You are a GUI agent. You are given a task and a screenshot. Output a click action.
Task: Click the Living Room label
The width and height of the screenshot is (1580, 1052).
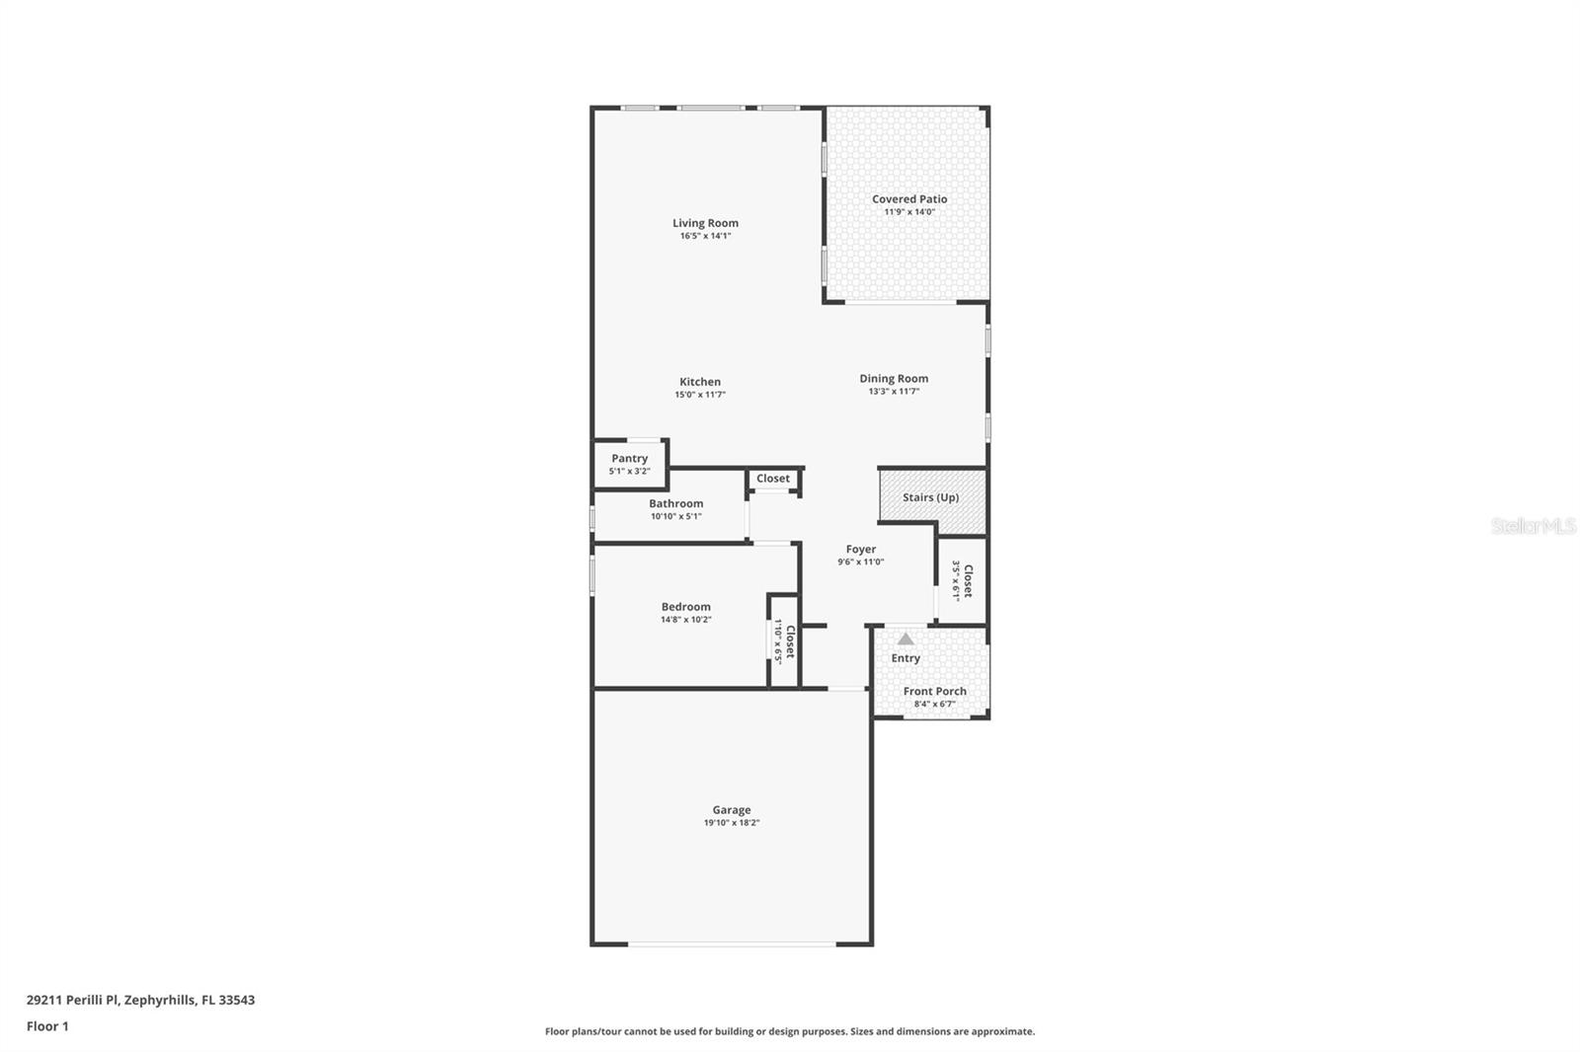[705, 223]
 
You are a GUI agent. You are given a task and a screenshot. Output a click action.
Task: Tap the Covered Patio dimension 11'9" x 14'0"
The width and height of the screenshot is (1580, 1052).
[908, 212]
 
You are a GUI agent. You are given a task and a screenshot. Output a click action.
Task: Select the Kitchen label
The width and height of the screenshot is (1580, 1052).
[699, 382]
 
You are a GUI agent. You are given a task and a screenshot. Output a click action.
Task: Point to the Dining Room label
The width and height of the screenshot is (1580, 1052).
[893, 378]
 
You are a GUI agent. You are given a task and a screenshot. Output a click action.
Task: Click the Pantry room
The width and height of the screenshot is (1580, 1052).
[629, 464]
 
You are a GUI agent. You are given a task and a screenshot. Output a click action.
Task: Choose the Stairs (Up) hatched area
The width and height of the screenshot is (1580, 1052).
[931, 497]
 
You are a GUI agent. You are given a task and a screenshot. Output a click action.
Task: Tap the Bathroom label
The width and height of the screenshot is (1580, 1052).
[675, 503]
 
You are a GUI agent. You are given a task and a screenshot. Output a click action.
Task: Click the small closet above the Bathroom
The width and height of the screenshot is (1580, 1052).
[773, 479]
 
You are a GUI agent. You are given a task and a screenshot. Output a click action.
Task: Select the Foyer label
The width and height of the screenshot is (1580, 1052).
[860, 549]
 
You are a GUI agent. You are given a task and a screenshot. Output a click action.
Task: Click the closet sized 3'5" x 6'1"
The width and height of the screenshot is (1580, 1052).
[962, 581]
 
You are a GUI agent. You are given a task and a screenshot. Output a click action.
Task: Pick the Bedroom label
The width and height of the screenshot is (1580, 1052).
[685, 607]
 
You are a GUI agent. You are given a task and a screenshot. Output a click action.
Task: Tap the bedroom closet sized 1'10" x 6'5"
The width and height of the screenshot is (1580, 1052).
[784, 641]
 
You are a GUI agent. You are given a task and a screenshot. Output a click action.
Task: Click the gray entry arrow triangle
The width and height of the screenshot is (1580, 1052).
[906, 639]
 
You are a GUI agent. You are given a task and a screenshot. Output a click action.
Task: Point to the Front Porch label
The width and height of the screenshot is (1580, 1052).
[934, 691]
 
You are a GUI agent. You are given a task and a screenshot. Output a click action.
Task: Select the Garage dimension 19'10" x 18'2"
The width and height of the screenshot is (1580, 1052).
[731, 823]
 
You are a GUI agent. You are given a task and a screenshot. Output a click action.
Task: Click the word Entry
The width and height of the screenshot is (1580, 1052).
[906, 658]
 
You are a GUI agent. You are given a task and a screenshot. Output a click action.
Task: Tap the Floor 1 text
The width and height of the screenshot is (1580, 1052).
[47, 1026]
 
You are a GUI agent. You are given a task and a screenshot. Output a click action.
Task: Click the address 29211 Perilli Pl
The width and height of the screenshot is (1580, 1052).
[140, 1000]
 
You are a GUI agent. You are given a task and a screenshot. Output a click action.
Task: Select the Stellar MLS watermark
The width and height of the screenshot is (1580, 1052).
[1533, 527]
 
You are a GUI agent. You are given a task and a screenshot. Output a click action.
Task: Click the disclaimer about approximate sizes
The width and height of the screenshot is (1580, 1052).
[790, 1031]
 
